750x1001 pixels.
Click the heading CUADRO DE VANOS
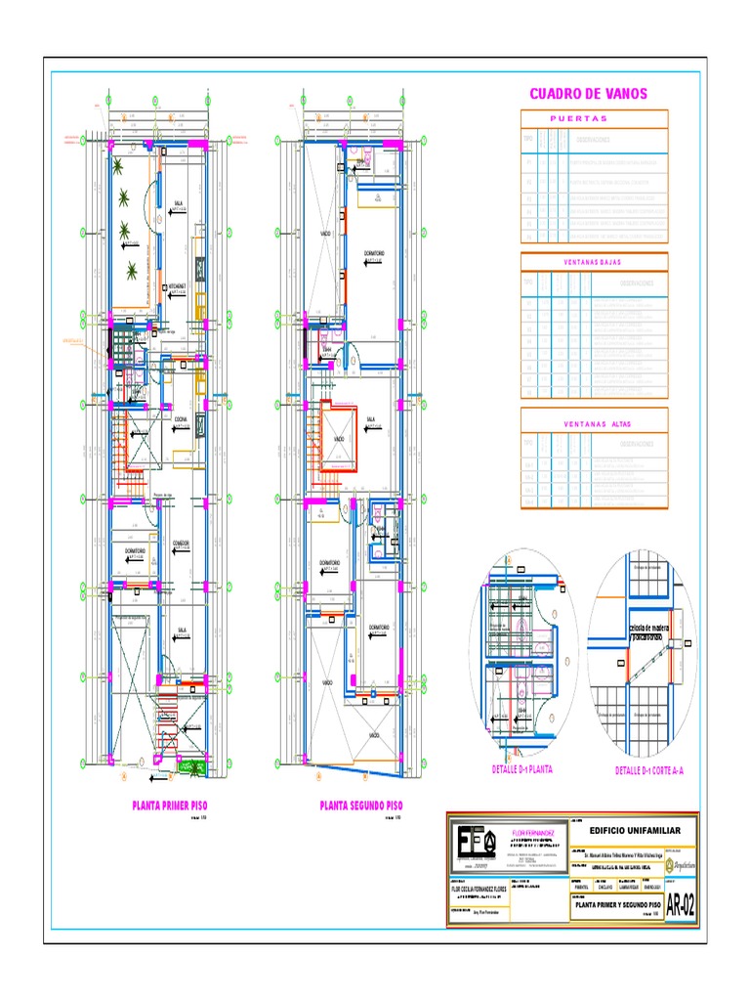coord(588,94)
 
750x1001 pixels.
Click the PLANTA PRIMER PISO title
coord(170,806)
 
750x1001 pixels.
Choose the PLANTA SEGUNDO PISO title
coord(360,806)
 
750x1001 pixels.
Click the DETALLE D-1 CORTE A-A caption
coord(649,770)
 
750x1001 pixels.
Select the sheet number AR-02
coord(681,905)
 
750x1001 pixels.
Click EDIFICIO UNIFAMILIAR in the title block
coord(632,830)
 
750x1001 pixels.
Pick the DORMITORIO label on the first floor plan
coord(135,551)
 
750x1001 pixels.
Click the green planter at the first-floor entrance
coord(194,768)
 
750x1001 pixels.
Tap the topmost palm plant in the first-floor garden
coord(118,165)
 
